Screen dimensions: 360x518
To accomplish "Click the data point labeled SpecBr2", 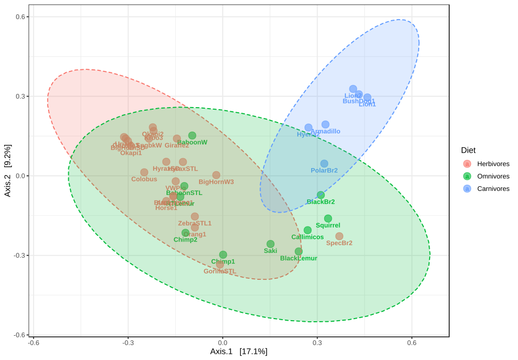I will (x=339, y=236).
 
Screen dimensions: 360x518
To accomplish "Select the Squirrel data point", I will (x=328, y=219).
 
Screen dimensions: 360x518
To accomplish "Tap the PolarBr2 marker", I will (x=324, y=164).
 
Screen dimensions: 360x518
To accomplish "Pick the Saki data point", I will (x=270, y=244).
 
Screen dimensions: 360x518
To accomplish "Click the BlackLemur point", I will (x=299, y=252).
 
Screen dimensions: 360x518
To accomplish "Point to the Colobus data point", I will (x=144, y=172).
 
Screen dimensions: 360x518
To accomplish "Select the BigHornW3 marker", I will (x=216, y=175).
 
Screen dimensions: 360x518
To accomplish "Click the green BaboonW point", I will (x=192, y=136).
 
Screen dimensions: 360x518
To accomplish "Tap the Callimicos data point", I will (x=308, y=230).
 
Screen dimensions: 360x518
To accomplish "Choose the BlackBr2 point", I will (x=321, y=195).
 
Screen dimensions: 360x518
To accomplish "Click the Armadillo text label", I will (x=326, y=131).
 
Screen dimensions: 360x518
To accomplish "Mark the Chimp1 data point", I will (x=223, y=255).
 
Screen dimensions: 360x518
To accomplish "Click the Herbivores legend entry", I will (x=493, y=164).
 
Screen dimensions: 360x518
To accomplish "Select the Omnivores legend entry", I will (x=493, y=176).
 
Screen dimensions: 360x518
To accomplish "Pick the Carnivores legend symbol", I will (x=467, y=189).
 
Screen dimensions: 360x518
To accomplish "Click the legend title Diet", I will (x=468, y=151).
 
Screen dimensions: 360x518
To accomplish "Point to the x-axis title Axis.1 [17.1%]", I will (x=238, y=352).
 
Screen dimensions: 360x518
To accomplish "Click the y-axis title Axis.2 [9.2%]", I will (x=8, y=171).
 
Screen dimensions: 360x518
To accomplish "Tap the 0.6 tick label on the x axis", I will (x=412, y=343).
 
